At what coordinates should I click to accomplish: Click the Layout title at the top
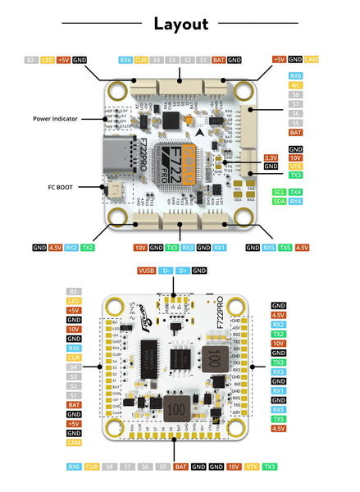(x=180, y=23)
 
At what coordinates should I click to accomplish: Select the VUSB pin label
(x=146, y=270)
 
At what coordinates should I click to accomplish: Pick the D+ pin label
(x=183, y=270)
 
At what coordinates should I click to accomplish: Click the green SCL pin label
(x=279, y=192)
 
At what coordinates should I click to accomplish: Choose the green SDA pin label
(x=279, y=202)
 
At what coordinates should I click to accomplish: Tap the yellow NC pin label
(x=295, y=85)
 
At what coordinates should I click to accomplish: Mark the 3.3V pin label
(x=271, y=157)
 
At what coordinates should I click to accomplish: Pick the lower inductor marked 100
(x=173, y=408)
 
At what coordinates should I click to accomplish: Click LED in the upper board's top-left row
(x=48, y=60)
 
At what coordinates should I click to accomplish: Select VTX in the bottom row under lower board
(x=253, y=467)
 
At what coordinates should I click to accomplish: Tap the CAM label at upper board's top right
(x=312, y=60)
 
